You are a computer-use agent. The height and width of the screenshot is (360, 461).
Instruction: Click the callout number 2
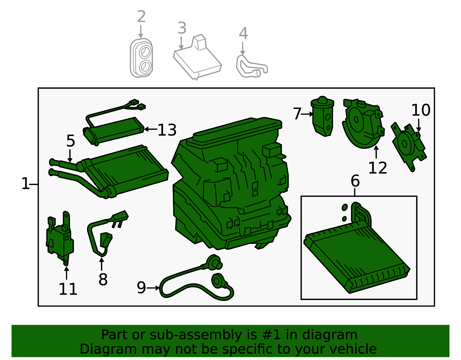(x=141, y=16)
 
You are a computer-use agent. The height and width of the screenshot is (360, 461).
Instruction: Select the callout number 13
(x=167, y=130)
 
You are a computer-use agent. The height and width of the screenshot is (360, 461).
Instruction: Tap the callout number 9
(x=141, y=288)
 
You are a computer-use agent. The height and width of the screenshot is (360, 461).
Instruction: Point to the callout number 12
(x=378, y=168)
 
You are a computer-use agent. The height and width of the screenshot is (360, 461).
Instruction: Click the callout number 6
(x=355, y=181)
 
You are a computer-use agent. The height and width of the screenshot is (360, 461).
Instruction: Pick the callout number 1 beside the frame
(x=26, y=184)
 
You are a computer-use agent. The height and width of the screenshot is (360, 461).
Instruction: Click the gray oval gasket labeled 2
(x=141, y=58)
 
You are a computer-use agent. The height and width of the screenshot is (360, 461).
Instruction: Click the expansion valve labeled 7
(x=322, y=116)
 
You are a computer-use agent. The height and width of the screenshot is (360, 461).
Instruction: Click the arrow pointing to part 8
(x=102, y=264)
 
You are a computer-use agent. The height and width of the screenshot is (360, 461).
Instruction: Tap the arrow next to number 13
(x=151, y=129)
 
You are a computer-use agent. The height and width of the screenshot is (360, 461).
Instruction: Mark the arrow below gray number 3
(x=181, y=43)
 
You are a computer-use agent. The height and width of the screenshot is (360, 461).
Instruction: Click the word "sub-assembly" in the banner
(x=196, y=335)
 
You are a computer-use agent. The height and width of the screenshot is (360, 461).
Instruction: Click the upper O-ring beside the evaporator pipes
(x=345, y=207)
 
